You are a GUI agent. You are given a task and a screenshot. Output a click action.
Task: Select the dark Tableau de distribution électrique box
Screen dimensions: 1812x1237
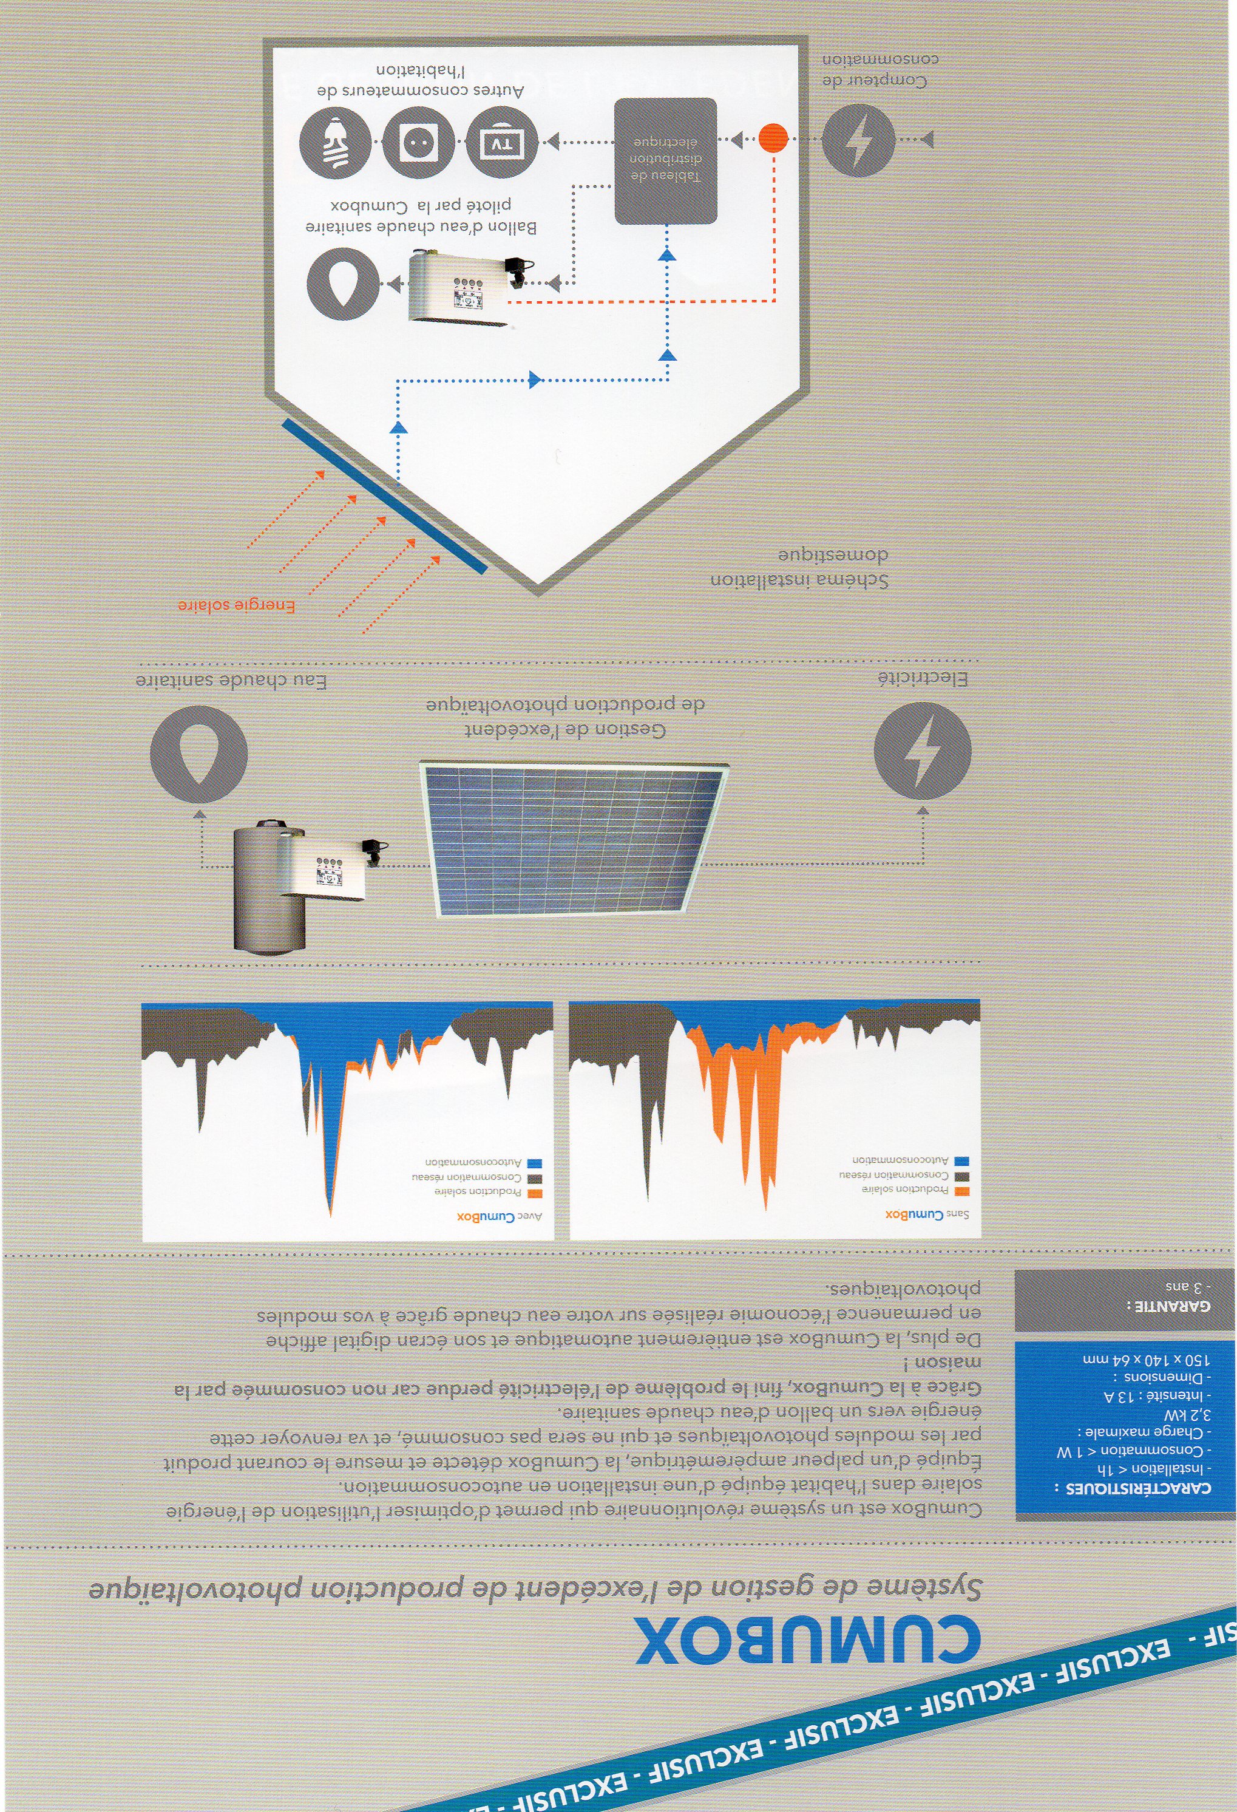666,161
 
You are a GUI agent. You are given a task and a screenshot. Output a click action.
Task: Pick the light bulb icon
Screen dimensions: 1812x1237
337,142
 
